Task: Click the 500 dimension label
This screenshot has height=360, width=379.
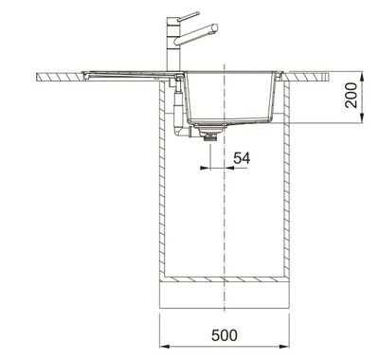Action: (225, 334)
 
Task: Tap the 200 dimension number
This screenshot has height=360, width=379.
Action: (352, 95)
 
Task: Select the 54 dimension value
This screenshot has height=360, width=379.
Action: (242, 158)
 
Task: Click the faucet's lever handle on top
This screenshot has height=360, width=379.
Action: (189, 15)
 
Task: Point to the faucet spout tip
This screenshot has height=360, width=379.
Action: (215, 27)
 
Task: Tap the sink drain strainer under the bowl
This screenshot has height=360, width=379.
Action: (210, 127)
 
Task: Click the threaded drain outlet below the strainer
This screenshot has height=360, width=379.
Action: (210, 135)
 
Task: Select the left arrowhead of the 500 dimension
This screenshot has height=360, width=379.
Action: (165, 347)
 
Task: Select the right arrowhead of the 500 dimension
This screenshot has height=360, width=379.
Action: (284, 347)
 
